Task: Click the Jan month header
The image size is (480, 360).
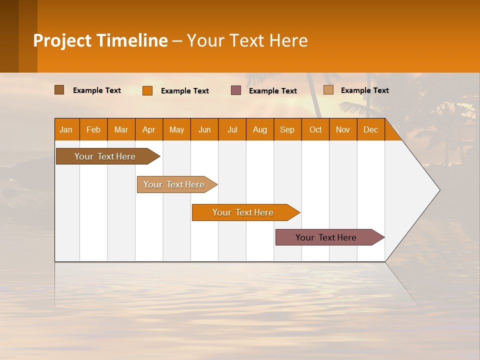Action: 66,129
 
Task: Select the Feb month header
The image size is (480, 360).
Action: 93,129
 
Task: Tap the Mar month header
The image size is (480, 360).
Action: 121,129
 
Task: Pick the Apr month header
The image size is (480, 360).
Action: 149,129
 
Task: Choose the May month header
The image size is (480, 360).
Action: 176,129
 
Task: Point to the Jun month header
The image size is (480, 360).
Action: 204,129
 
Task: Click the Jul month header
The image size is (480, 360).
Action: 232,129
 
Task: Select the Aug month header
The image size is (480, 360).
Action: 260,129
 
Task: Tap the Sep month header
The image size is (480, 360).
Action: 287,129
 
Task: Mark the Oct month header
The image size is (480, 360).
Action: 315,129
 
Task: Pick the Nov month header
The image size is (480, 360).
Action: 343,129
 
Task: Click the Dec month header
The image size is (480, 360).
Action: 371,129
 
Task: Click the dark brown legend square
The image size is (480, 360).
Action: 59,90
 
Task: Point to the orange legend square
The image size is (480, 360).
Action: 147,90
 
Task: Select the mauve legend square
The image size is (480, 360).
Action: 236,90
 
